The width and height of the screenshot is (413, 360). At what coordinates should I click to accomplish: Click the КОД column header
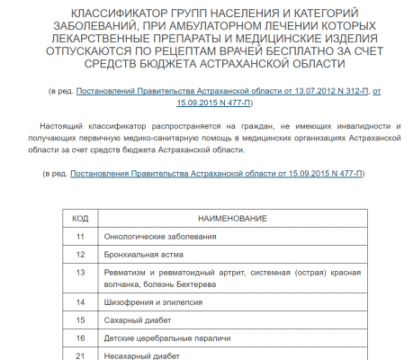click(79, 218)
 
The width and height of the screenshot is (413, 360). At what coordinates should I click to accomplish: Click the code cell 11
click(79, 236)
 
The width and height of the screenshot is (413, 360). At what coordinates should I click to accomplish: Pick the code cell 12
click(79, 254)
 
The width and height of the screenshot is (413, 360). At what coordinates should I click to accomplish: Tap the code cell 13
click(79, 272)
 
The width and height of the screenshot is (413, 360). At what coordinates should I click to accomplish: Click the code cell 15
click(79, 319)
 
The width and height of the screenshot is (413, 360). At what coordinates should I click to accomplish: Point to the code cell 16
click(79, 337)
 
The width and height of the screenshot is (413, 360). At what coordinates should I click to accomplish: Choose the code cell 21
click(79, 355)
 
